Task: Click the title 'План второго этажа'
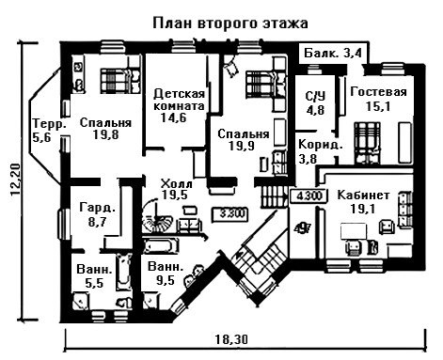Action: point(230,24)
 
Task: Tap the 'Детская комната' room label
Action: point(179,100)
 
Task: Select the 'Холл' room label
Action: point(176,183)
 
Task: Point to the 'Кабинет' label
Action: point(363,195)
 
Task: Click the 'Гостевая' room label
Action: point(378,92)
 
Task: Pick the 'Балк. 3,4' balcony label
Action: point(333,53)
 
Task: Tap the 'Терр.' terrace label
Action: point(50,123)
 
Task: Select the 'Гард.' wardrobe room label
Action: point(97,208)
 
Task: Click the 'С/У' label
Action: point(316,97)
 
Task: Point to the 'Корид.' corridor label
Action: point(320,145)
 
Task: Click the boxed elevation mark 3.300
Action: point(230,214)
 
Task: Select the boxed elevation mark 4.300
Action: point(309,196)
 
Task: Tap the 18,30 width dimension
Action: point(231,339)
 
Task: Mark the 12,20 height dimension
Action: point(16,180)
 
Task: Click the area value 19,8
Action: point(106,135)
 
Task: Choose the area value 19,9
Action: point(242,146)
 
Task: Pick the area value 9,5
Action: point(165,279)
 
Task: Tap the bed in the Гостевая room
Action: point(368,143)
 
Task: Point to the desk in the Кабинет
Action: point(354,231)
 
